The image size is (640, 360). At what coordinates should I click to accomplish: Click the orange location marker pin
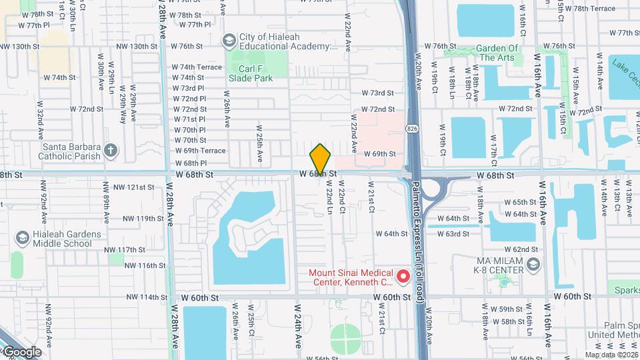tap(320, 159)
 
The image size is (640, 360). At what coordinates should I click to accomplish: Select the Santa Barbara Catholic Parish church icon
tap(111, 151)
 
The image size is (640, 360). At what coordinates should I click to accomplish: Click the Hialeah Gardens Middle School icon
tap(22, 238)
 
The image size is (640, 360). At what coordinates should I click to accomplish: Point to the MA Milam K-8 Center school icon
tap(532, 265)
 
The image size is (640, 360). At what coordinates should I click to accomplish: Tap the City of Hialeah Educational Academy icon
tap(229, 41)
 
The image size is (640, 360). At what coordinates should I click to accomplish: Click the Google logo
tap(21, 352)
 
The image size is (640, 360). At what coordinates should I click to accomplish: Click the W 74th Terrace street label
tap(197, 67)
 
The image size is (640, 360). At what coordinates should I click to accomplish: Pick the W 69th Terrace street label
tap(200, 151)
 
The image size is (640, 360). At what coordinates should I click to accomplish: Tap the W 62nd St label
tap(525, 249)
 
